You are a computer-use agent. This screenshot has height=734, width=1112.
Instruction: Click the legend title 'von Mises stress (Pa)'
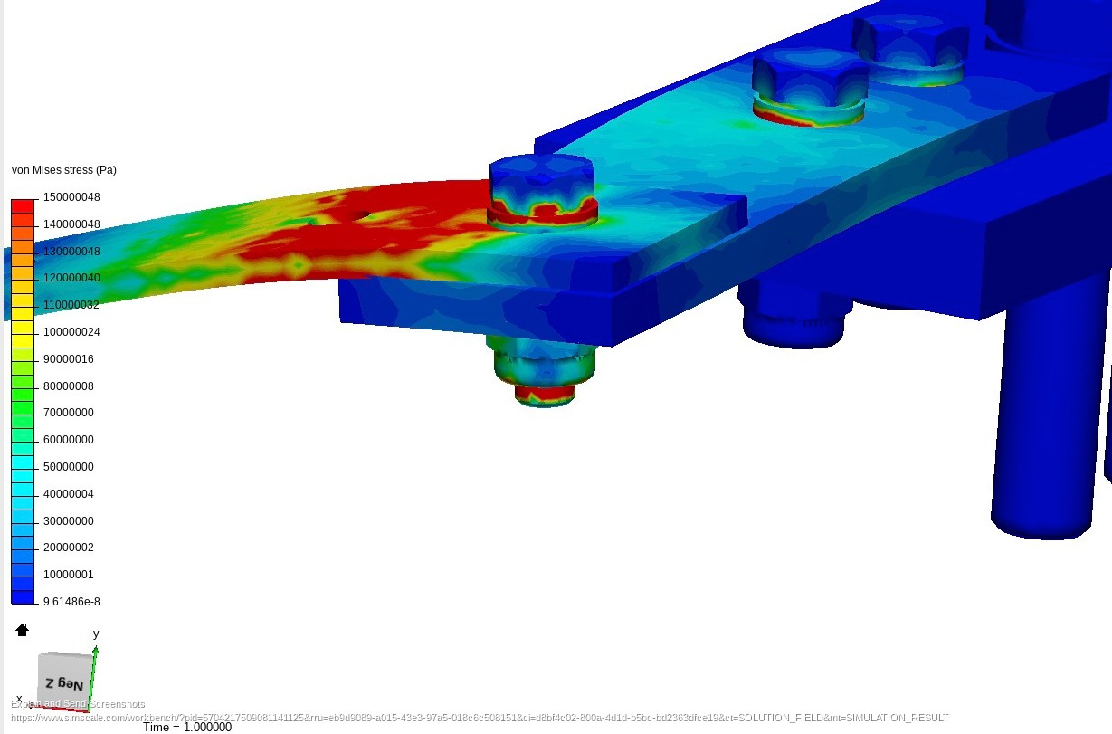click(x=63, y=170)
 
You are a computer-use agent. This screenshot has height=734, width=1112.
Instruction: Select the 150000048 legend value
click(x=71, y=197)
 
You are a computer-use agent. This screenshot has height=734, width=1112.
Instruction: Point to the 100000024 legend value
click(x=71, y=332)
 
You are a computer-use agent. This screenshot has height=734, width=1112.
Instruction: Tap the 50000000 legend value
click(x=69, y=467)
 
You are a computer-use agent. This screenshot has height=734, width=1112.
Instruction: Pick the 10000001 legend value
click(x=69, y=575)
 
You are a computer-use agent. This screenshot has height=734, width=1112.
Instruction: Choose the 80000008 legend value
click(x=69, y=386)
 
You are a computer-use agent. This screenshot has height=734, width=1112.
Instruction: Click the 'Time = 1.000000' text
click(x=187, y=727)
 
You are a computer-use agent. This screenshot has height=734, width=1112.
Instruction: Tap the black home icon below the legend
click(x=23, y=630)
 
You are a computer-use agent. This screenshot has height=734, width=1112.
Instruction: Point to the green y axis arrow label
click(x=96, y=634)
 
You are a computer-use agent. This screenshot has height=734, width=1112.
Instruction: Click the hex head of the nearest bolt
click(x=541, y=176)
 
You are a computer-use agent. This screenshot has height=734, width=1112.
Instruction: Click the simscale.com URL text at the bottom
click(x=480, y=718)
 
